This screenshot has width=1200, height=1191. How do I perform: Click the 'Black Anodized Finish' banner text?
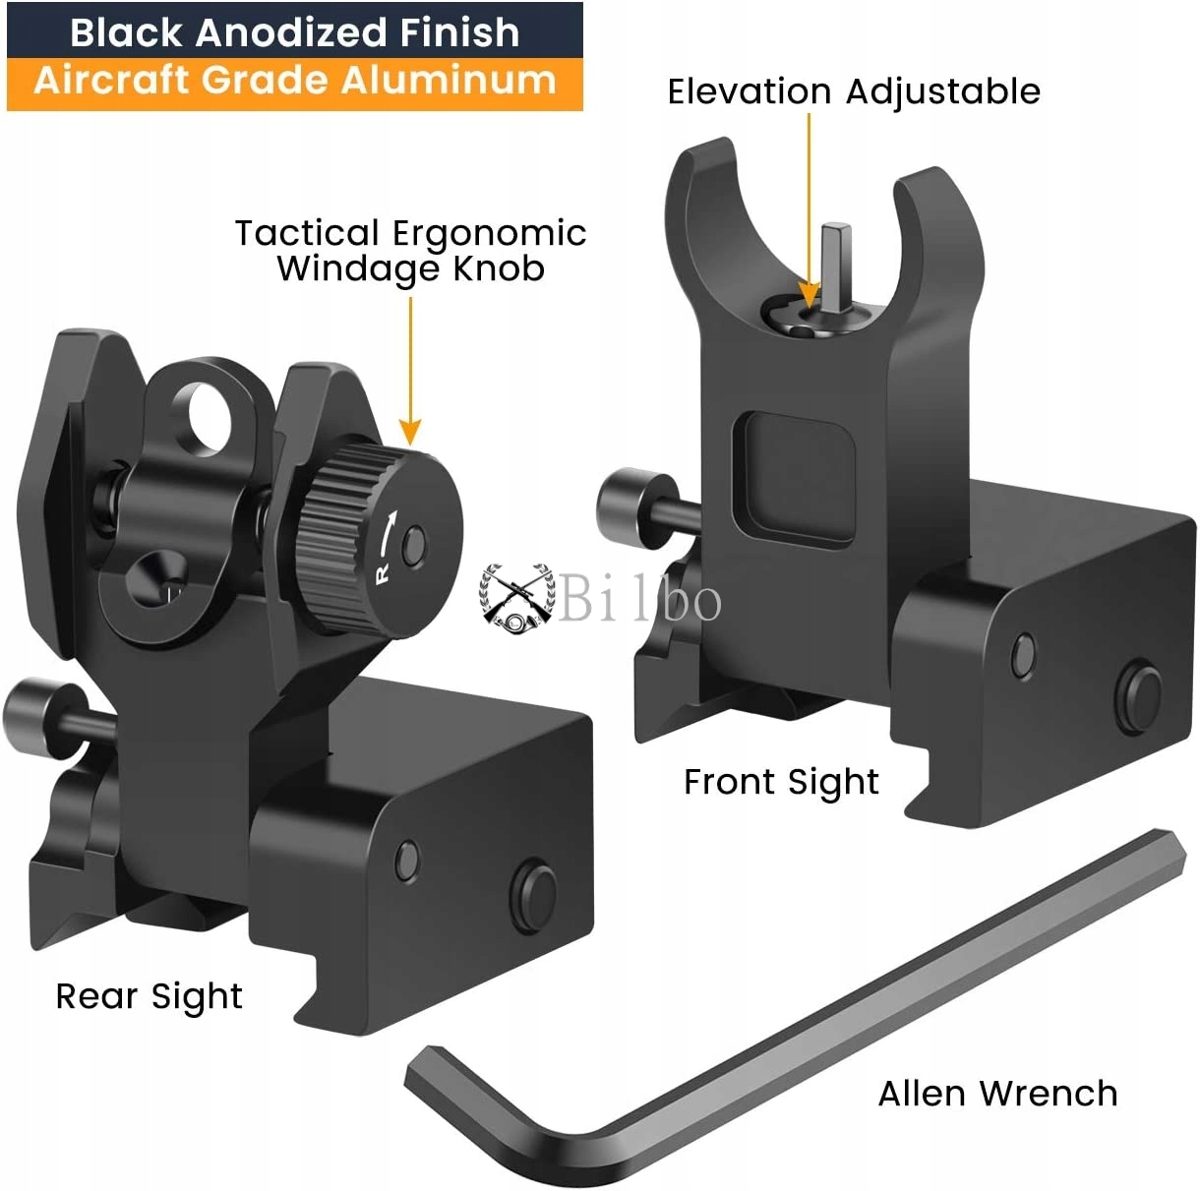294,32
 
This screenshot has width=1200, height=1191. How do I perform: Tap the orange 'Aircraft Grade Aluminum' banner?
294,82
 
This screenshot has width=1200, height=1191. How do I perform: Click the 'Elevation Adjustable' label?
853,91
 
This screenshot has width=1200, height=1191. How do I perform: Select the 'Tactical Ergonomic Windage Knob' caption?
410,250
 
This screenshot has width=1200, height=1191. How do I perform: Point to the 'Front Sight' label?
781,782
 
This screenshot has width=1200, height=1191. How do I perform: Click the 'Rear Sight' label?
149,996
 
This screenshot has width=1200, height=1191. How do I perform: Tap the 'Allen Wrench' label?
997,1093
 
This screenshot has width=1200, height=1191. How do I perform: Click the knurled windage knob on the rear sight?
379,535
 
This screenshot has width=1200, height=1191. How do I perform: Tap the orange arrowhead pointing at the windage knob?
410,431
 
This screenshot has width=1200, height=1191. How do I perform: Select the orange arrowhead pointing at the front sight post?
809,294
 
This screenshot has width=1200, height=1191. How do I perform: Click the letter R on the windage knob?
383,572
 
